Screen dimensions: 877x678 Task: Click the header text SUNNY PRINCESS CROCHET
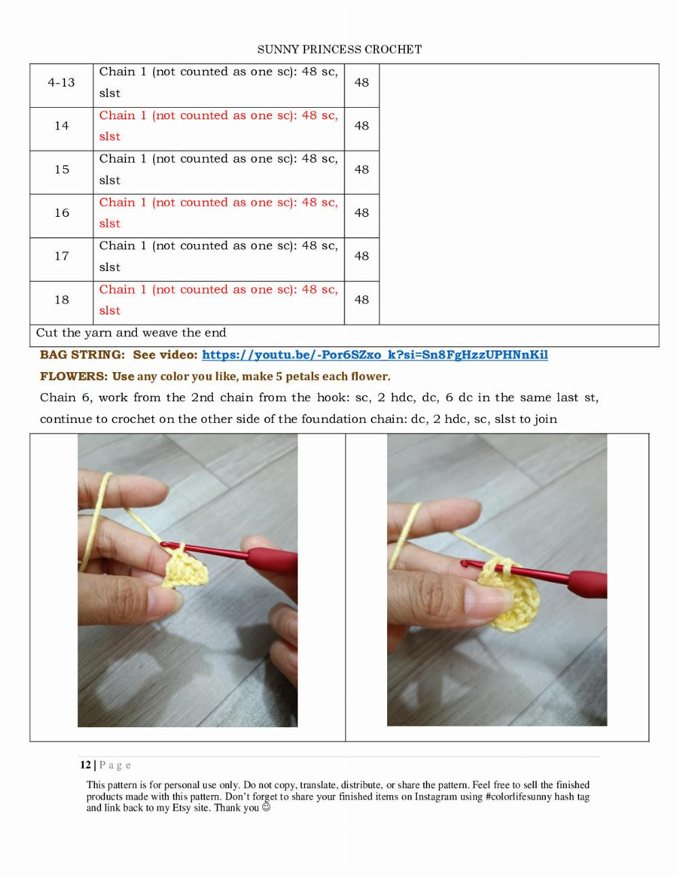click(x=340, y=49)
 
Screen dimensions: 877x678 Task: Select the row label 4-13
click(x=61, y=83)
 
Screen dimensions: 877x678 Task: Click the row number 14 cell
click(x=61, y=126)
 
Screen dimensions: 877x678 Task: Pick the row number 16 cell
click(x=61, y=213)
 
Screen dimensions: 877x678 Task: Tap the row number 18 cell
click(x=61, y=300)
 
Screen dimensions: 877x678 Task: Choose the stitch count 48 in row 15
click(x=361, y=169)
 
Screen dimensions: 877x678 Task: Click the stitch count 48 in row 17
click(x=361, y=256)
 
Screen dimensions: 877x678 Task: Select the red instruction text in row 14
click(x=218, y=125)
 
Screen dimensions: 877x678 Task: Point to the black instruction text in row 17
click(x=218, y=256)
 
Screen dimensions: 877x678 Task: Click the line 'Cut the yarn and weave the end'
click(x=131, y=333)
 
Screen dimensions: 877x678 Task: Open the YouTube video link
click(x=374, y=355)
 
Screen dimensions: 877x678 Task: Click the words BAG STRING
click(x=82, y=355)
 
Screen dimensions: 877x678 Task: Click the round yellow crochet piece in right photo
click(x=505, y=596)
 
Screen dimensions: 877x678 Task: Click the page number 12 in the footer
click(x=85, y=765)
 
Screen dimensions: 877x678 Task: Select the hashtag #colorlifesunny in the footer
click(x=519, y=797)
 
